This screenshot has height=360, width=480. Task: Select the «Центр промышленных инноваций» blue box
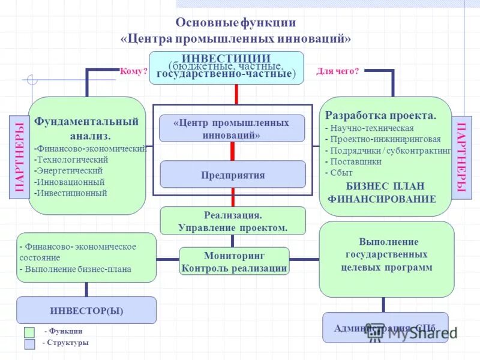(x=232, y=128)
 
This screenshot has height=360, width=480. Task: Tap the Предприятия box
(x=232, y=175)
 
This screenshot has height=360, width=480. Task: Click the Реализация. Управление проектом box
(x=233, y=221)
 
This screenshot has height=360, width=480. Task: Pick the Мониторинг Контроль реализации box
(x=234, y=262)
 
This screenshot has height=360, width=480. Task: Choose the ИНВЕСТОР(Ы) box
(x=86, y=310)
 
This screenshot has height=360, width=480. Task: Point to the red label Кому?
(x=133, y=71)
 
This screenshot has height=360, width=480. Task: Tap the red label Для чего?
(x=337, y=71)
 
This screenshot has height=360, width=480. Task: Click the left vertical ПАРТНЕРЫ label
(x=19, y=157)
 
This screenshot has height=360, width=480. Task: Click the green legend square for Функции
(x=29, y=332)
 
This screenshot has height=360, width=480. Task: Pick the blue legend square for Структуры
(x=29, y=344)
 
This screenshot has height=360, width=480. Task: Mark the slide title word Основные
(x=206, y=23)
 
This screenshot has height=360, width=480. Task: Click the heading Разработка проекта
(x=380, y=115)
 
